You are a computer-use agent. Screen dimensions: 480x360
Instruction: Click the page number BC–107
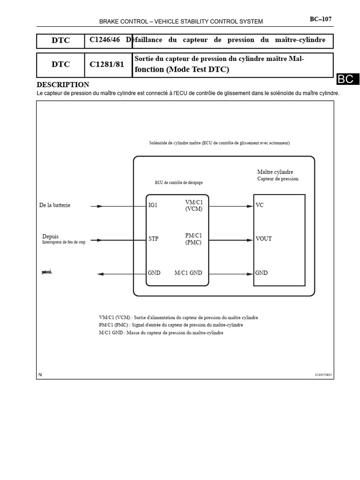pos(321,19)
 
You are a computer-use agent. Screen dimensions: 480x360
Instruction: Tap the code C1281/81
pos(107,64)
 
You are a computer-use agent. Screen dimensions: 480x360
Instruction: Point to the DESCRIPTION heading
pos(63,85)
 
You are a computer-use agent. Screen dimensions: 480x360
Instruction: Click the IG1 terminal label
pos(153,205)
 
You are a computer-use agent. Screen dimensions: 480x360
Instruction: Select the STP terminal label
pos(153,239)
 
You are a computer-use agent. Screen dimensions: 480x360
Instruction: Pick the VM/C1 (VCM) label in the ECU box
pos(194,205)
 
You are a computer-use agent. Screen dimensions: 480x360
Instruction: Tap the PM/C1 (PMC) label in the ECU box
pos(194,239)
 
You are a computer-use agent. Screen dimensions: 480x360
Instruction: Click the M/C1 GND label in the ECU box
pos(188,273)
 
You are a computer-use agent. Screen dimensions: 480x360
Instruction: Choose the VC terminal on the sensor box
pos(260,205)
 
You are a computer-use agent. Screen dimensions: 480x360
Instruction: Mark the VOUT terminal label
pos(263,239)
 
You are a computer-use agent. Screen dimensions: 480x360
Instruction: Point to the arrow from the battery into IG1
pos(97,206)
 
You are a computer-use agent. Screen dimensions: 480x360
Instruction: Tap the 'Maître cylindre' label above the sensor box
pos(275,172)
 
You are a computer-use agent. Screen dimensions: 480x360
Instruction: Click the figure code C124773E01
pos(323,375)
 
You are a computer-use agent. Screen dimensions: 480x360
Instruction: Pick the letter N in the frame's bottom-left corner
pos(40,375)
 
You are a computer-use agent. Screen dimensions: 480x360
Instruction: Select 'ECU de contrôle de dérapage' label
pos(179,182)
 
